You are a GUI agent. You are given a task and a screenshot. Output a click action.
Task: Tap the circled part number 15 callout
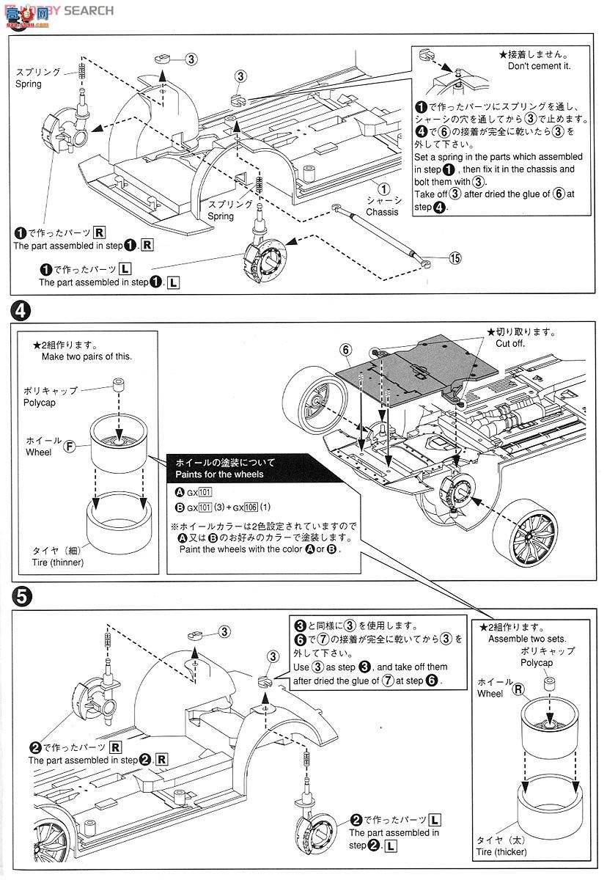pos(455,257)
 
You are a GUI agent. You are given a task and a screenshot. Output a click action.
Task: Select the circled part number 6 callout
pos(346,350)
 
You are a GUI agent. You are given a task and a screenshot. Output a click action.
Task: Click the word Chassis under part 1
pos(382,212)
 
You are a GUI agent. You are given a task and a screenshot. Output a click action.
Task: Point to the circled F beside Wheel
pos(69,446)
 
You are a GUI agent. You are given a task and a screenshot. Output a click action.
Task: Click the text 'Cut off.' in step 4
pos(511,343)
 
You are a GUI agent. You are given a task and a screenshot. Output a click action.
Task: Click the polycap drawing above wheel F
pos(117,386)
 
